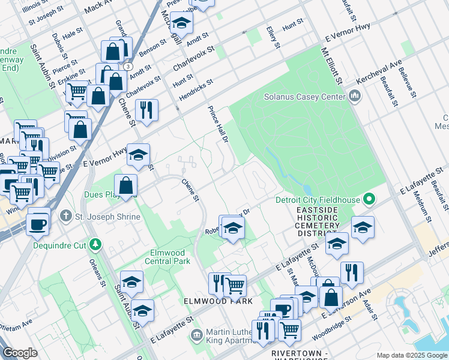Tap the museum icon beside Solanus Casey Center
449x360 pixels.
354,96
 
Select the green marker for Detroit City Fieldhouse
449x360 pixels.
370,199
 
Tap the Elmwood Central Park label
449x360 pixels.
167,257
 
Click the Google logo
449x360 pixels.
20,353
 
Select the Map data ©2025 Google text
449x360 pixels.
412,355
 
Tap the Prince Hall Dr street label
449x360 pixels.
218,125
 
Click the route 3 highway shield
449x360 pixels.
128,67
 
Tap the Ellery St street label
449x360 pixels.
274,37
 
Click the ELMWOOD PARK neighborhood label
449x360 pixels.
218,301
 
